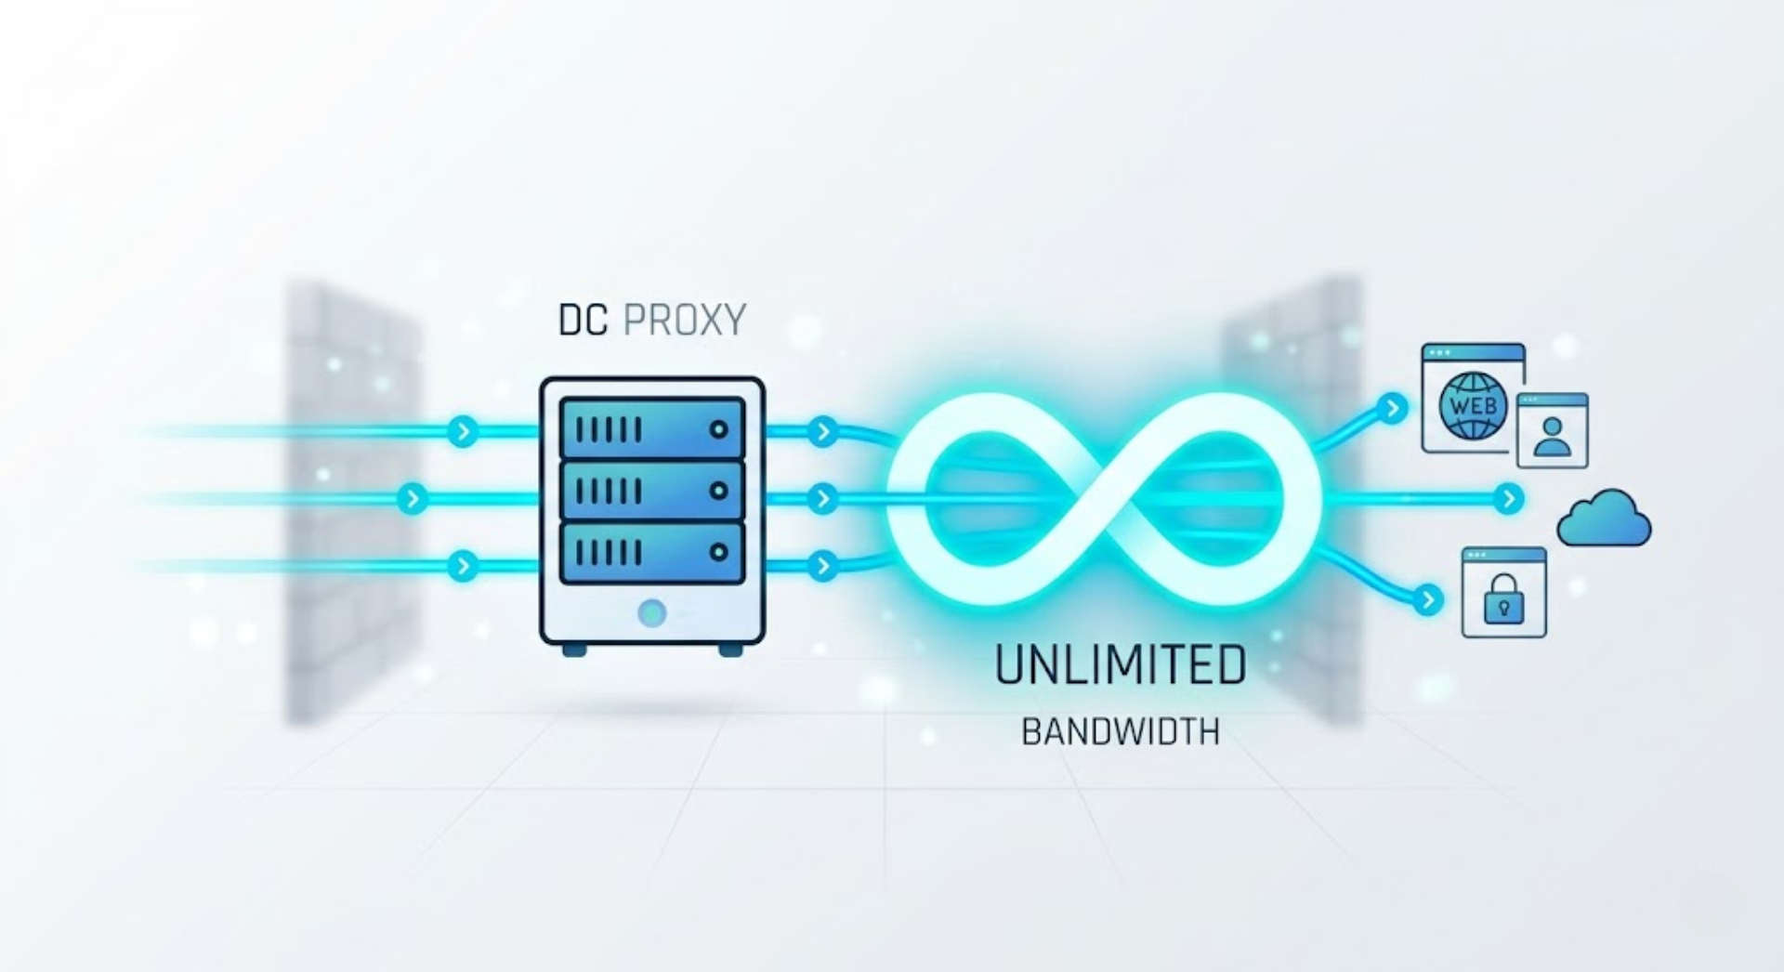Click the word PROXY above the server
(x=684, y=320)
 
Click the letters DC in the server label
(x=583, y=320)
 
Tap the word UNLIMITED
(x=1121, y=665)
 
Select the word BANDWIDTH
(x=1121, y=732)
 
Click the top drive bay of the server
(x=652, y=429)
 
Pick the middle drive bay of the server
(x=652, y=491)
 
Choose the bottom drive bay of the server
(x=652, y=552)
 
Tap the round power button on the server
(x=652, y=613)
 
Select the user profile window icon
(x=1553, y=429)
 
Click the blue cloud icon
(x=1604, y=519)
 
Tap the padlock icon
(x=1504, y=599)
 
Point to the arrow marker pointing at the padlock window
(x=1428, y=599)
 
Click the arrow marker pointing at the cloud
(x=1508, y=499)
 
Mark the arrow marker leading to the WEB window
(x=1391, y=408)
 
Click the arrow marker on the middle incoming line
(x=412, y=499)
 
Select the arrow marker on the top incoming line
(x=462, y=431)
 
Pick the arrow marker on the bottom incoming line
(x=462, y=565)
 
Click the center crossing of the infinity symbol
(x=1104, y=498)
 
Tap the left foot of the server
(x=574, y=650)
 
